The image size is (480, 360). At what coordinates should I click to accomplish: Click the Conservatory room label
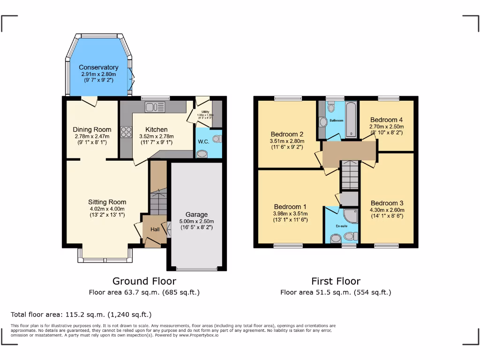[x=98, y=67]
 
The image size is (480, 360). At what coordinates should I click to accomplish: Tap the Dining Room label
[x=92, y=129]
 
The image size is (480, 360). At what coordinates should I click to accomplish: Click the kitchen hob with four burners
[x=126, y=132]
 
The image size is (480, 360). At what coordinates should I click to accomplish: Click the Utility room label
[x=205, y=112]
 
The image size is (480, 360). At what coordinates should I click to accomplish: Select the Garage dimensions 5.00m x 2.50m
[x=196, y=222]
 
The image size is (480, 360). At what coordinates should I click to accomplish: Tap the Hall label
[x=155, y=229]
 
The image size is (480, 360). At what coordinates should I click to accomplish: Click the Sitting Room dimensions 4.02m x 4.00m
[x=108, y=209]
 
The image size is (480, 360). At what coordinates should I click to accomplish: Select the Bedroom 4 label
[x=386, y=120]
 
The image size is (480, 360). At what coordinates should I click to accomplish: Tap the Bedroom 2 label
[x=287, y=134]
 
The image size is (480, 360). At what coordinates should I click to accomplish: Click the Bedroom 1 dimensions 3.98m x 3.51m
[x=291, y=213]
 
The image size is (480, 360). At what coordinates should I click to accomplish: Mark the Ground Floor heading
[x=144, y=281]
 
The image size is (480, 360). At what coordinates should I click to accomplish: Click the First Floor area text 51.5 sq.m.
[x=336, y=292]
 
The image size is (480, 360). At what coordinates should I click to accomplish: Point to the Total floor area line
[x=81, y=315]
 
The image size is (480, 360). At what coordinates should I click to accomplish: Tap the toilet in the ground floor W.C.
[x=217, y=138]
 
